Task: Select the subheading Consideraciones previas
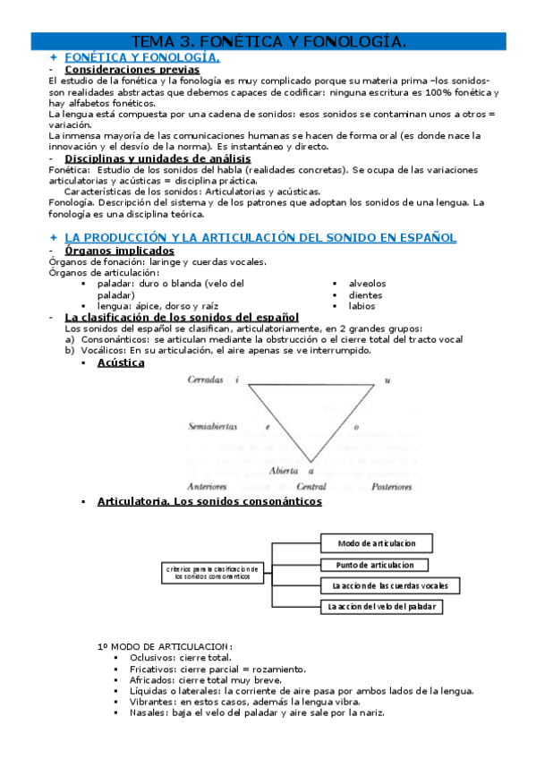coord(132,69)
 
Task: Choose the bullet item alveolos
coord(368,284)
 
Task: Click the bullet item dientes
coord(365,294)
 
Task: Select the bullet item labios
coord(362,306)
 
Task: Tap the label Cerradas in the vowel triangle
coord(206,379)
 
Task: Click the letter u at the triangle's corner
coord(387,380)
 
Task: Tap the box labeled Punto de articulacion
coord(376,565)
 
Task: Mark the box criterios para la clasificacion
coord(213,572)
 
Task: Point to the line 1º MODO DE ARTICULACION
coord(165,646)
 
